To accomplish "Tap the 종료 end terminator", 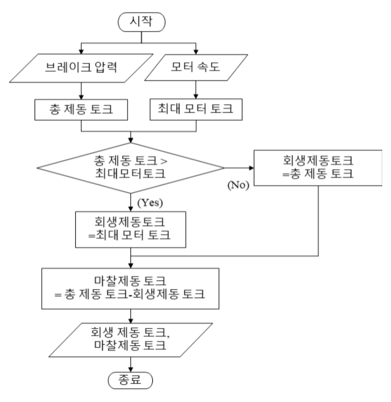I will click(131, 379).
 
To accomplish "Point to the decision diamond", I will click(131, 167).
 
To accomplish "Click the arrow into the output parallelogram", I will click(131, 313).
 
